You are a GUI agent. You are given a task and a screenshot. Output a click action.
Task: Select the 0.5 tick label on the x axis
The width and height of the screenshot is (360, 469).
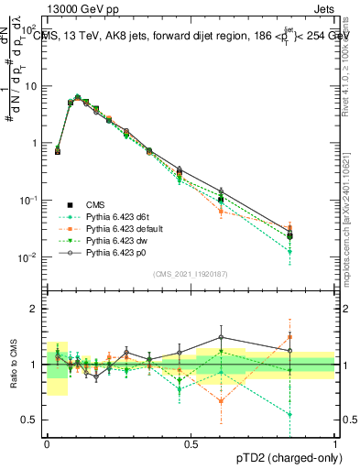click(x=191, y=442)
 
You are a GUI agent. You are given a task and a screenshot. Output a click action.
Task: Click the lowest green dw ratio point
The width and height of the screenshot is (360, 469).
click(x=290, y=414)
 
